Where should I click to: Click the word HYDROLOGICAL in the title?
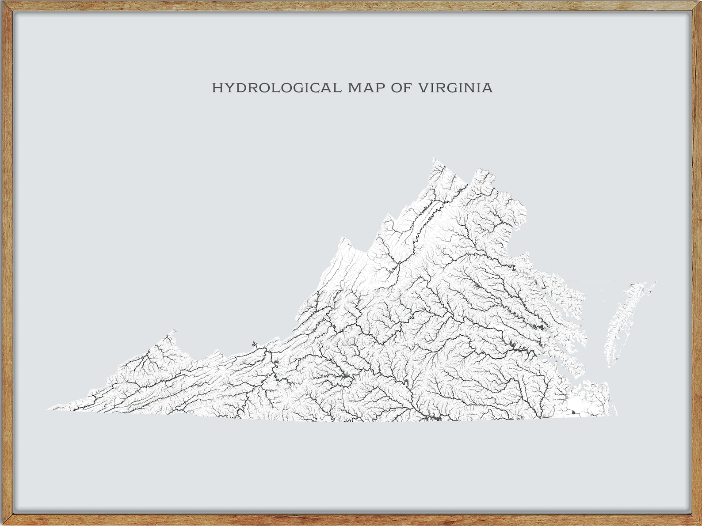(x=276, y=88)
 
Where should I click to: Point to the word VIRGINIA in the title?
(x=455, y=88)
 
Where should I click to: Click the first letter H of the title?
(x=217, y=88)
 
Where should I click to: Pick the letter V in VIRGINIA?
(x=423, y=88)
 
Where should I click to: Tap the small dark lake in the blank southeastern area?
(x=574, y=412)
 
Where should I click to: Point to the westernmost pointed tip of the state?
(x=48, y=410)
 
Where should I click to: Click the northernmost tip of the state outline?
(x=434, y=158)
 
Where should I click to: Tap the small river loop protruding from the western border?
(x=254, y=343)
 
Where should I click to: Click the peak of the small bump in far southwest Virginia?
(x=174, y=330)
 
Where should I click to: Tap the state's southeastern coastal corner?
(x=617, y=415)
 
